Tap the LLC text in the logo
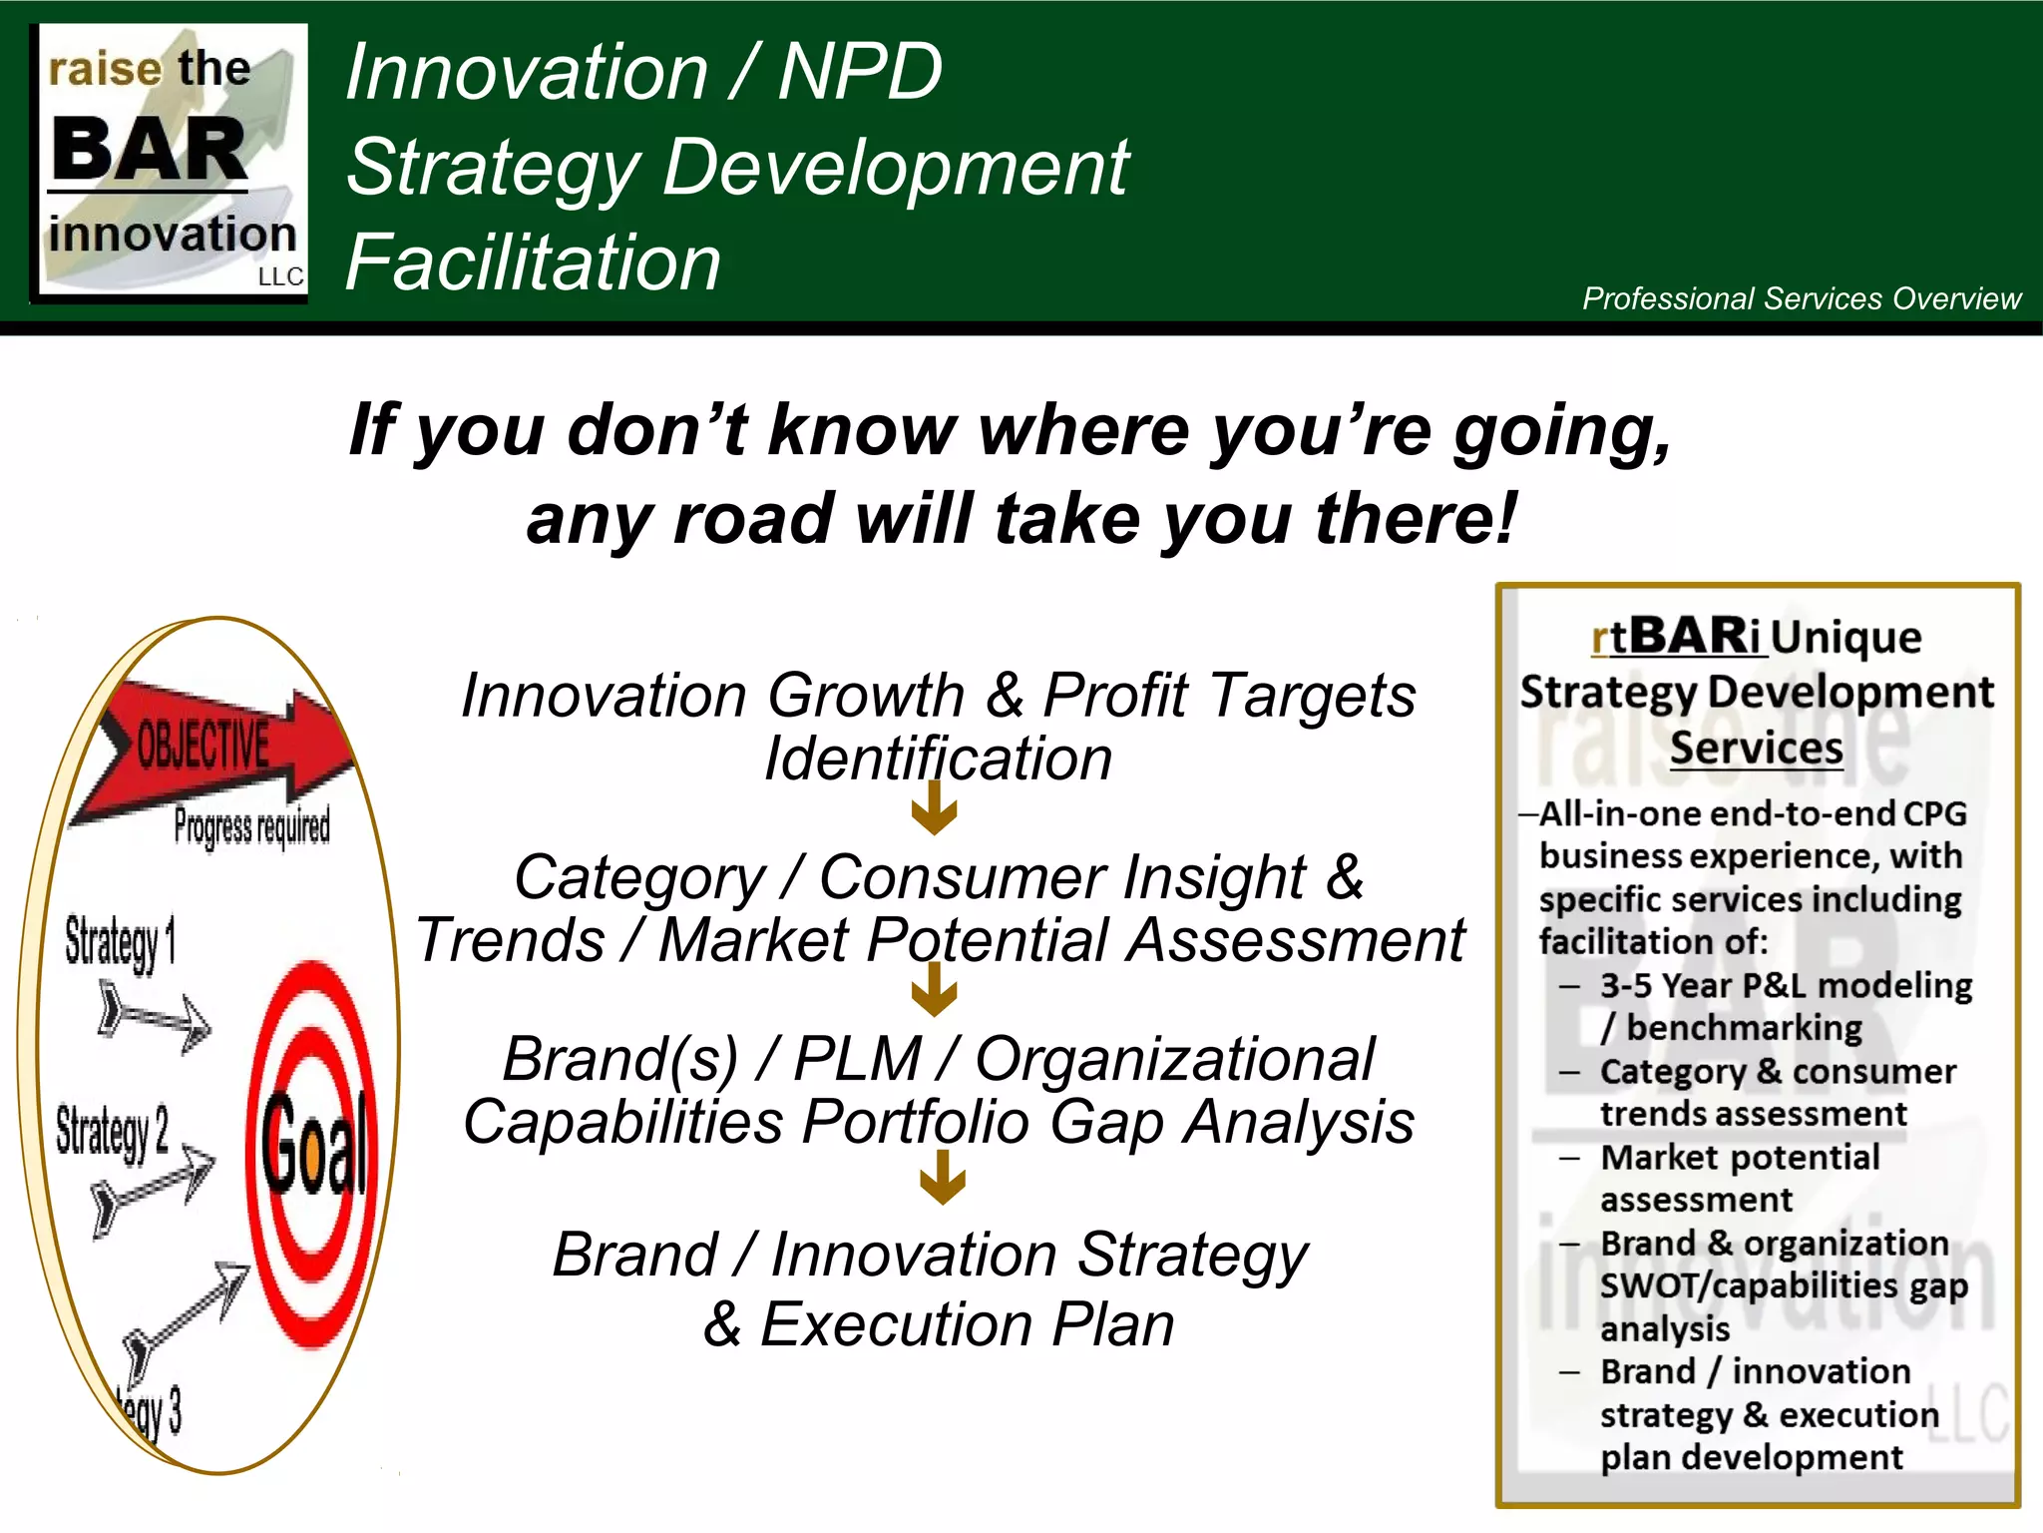(x=280, y=276)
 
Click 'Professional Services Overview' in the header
(x=1801, y=298)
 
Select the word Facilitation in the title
(x=533, y=262)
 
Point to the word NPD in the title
(x=859, y=72)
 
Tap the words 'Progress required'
(x=251, y=826)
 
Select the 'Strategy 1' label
(x=120, y=942)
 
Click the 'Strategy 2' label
(x=112, y=1132)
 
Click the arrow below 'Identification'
(x=935, y=807)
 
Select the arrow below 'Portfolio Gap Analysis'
(x=943, y=1178)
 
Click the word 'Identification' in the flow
(x=938, y=759)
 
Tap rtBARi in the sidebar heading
(x=1677, y=637)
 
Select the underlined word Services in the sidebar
(x=1756, y=748)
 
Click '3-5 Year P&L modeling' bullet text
(x=1786, y=986)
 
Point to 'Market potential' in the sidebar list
(x=1740, y=1158)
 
